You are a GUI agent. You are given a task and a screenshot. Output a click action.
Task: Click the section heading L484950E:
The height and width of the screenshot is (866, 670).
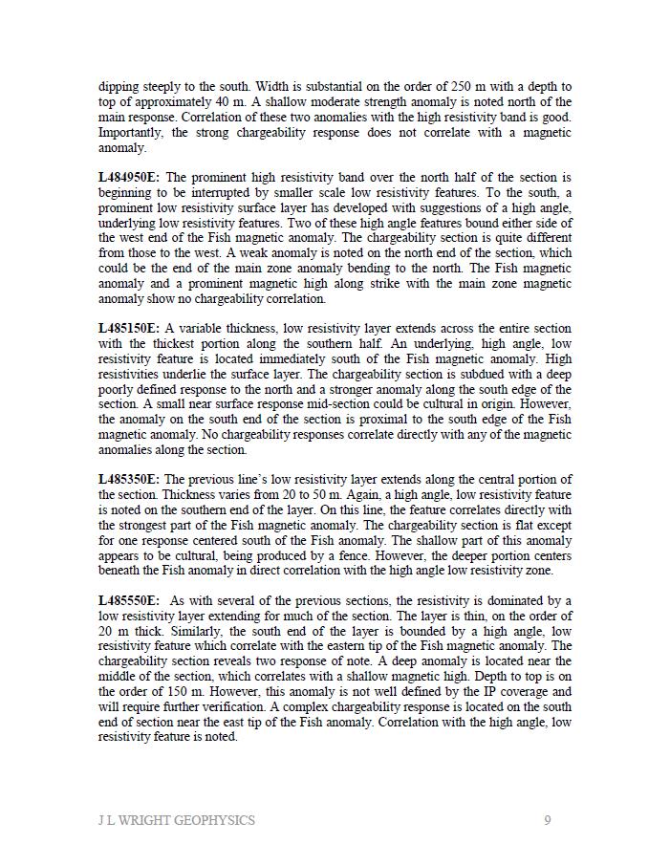129,177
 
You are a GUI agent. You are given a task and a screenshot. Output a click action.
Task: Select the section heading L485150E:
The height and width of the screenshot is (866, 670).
129,328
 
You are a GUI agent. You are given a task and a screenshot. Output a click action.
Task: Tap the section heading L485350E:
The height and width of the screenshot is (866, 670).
129,479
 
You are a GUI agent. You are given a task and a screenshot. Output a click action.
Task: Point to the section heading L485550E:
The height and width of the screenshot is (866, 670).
129,600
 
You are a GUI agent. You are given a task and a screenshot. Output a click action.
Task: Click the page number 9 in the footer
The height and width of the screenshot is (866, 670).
548,820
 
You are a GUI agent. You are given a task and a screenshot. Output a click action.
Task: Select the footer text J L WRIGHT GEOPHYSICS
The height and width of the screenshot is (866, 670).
177,820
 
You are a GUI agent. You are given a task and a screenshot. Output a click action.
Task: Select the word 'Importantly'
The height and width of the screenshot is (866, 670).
131,133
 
